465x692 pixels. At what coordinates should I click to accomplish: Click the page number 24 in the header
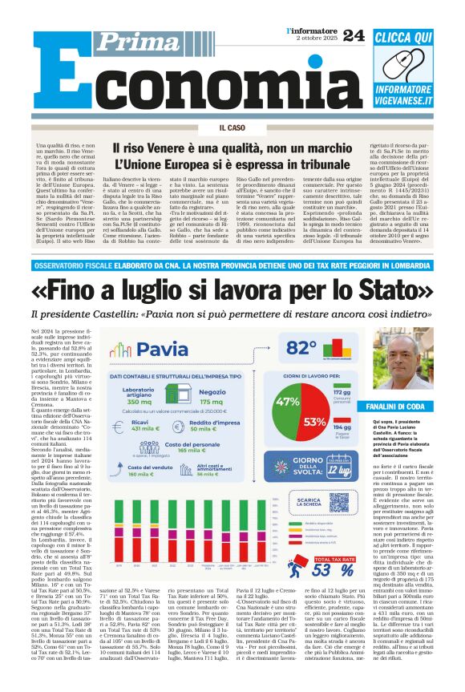[x=353, y=34]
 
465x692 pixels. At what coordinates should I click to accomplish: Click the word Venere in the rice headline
[x=180, y=148]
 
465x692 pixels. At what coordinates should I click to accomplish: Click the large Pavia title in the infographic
[x=161, y=349]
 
